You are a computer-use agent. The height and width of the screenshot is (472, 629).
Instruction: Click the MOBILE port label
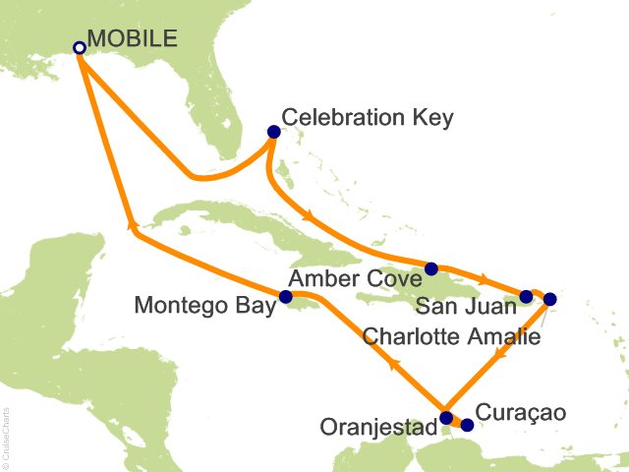click(133, 39)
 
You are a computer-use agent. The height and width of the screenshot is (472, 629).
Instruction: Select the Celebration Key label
click(368, 118)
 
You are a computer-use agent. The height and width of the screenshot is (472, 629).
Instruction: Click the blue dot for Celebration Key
click(274, 132)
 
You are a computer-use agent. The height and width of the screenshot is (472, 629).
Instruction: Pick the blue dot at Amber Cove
click(431, 267)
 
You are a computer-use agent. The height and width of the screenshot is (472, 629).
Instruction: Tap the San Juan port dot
click(526, 296)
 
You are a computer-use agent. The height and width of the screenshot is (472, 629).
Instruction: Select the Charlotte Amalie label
click(452, 336)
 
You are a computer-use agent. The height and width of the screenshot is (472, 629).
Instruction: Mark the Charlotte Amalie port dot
click(549, 299)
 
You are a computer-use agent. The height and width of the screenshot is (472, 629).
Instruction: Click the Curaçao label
click(521, 413)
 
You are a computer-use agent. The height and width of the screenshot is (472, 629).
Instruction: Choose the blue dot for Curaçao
click(467, 425)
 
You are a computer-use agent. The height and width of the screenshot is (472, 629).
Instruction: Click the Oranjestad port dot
click(446, 417)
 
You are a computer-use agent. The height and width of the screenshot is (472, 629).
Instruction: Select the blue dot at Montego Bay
click(285, 296)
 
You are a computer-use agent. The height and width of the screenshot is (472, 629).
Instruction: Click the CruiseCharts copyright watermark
click(7, 433)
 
